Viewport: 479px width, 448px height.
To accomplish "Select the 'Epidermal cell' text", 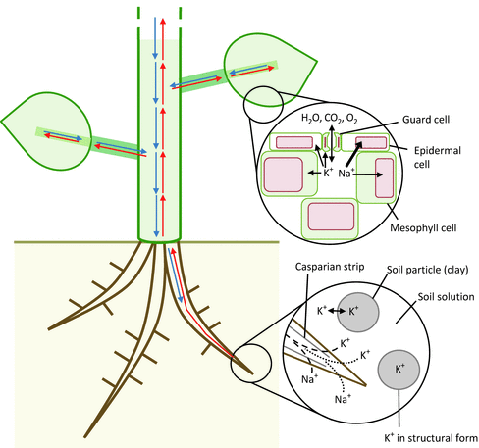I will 433,157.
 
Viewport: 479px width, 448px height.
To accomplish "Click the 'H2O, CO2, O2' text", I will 330,119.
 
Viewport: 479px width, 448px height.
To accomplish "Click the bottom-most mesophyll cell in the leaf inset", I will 331,214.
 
